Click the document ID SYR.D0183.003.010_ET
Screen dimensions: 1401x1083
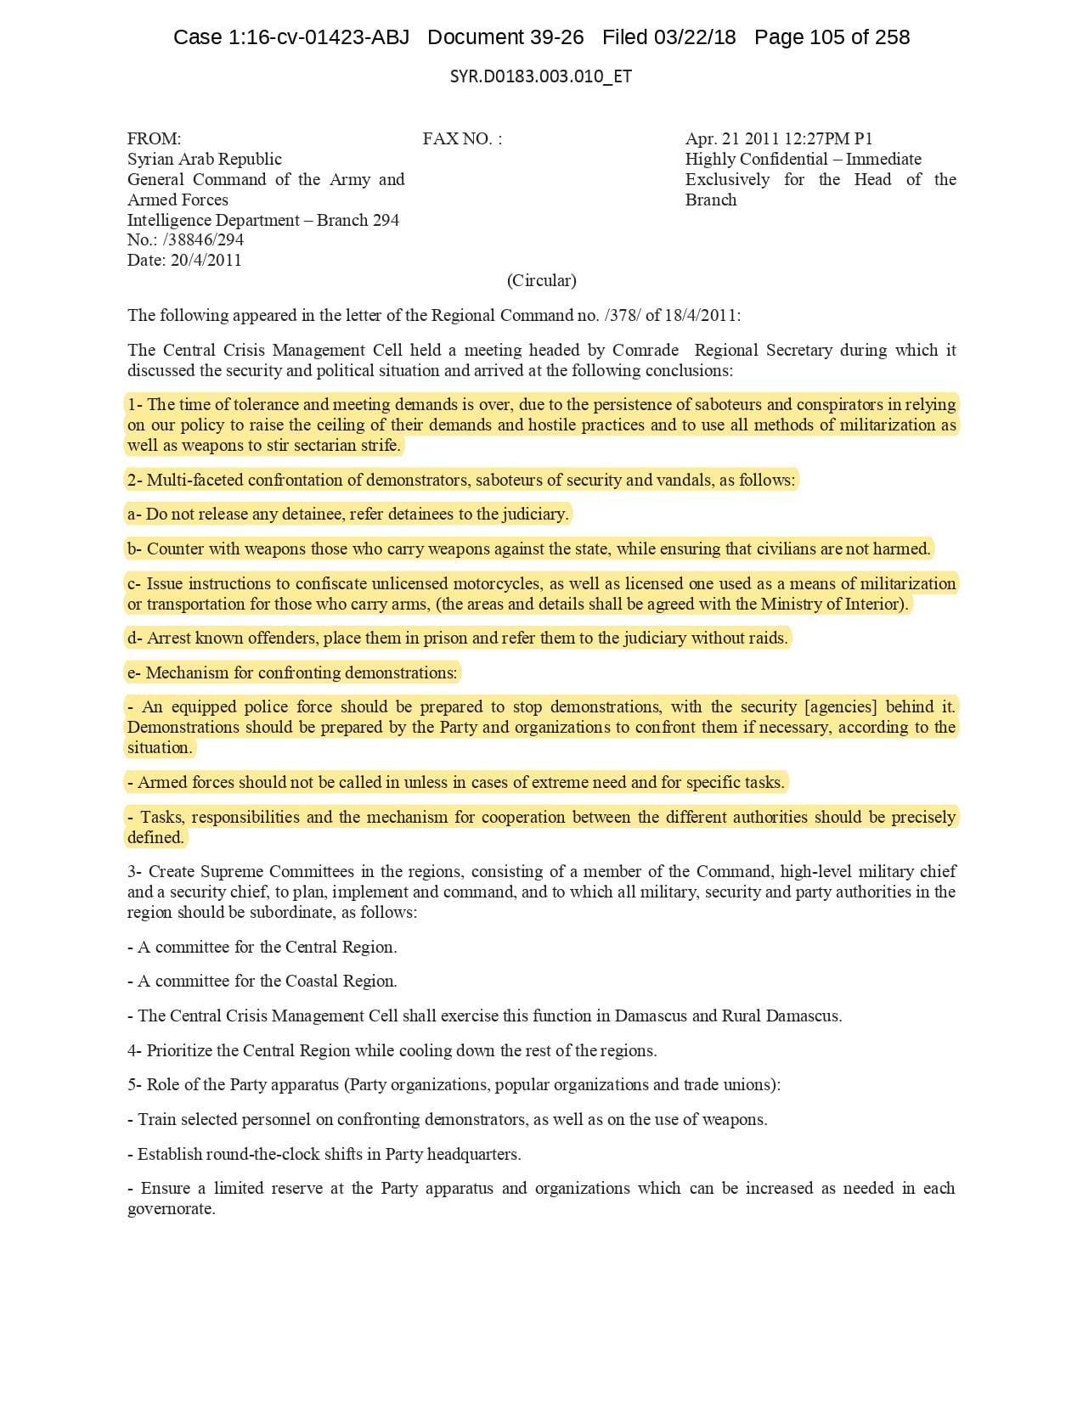pyautogui.click(x=540, y=76)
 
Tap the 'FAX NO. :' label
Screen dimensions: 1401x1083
pyautogui.click(x=462, y=139)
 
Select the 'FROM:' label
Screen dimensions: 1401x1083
pyautogui.click(x=154, y=139)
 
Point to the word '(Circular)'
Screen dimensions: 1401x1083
pyautogui.click(x=541, y=281)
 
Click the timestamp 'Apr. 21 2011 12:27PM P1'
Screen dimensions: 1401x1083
pyautogui.click(x=778, y=139)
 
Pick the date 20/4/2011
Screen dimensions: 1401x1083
pyautogui.click(x=206, y=261)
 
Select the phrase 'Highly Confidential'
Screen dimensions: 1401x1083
pyautogui.click(x=756, y=160)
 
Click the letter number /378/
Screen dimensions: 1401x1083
pyautogui.click(x=623, y=316)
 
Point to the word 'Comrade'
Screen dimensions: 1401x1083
pyautogui.click(x=646, y=351)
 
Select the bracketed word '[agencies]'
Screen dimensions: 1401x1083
pyautogui.click(x=840, y=707)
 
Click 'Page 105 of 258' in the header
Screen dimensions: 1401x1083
pyautogui.click(x=832, y=37)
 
